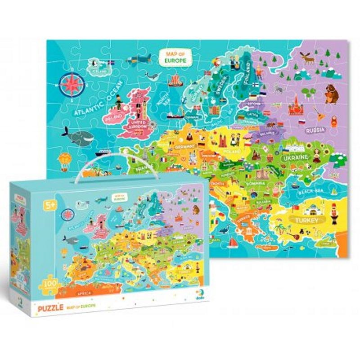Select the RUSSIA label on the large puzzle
point(315,130)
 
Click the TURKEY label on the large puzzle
point(307,220)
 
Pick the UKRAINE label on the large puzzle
point(295,158)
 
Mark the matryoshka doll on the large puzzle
point(335,122)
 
